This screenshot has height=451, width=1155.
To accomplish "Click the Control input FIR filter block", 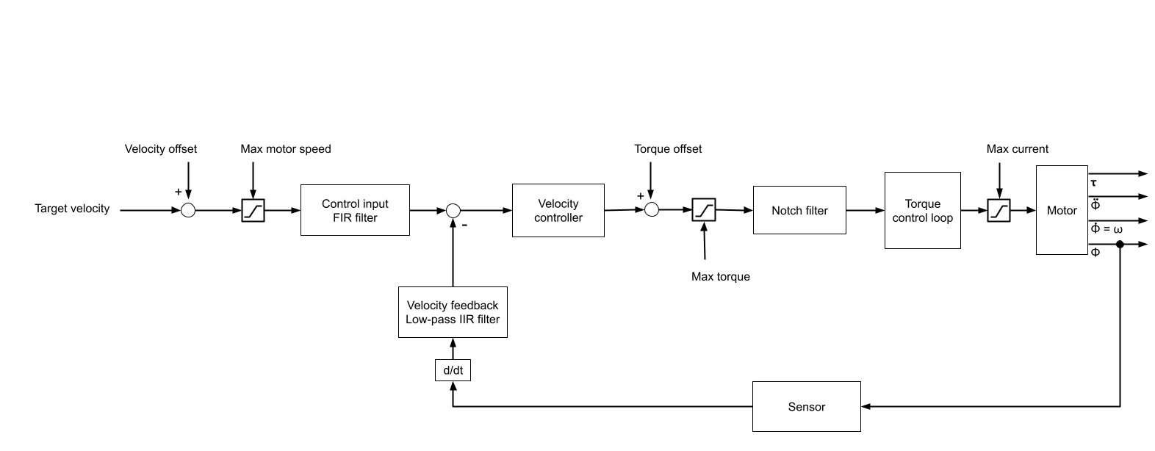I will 355,210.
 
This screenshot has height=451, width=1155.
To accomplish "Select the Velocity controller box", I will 558,210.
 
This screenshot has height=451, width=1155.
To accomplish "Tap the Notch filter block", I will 799,210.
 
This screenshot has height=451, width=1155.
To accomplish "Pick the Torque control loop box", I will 922,210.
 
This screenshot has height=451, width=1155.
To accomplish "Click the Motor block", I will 1062,210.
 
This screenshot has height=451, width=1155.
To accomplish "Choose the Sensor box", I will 806,406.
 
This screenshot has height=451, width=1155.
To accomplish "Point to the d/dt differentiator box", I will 453,370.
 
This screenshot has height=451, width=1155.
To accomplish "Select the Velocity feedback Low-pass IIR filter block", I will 453,312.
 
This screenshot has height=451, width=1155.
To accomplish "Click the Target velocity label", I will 72,209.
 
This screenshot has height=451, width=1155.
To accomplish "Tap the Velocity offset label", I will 161,149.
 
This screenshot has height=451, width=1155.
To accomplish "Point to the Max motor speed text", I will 286,149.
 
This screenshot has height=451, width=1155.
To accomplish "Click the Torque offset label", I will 668,149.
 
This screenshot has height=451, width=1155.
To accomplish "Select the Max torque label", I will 720,277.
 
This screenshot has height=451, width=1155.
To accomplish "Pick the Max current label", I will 1017,149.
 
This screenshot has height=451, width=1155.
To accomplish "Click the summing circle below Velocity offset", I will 188,211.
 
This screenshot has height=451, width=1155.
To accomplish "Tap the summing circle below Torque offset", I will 651,210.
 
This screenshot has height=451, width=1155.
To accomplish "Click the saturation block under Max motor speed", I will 253,211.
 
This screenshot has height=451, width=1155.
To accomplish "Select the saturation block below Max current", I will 999,211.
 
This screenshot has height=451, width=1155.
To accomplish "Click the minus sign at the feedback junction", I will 464,225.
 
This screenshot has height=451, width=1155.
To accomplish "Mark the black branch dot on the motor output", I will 1120,244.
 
